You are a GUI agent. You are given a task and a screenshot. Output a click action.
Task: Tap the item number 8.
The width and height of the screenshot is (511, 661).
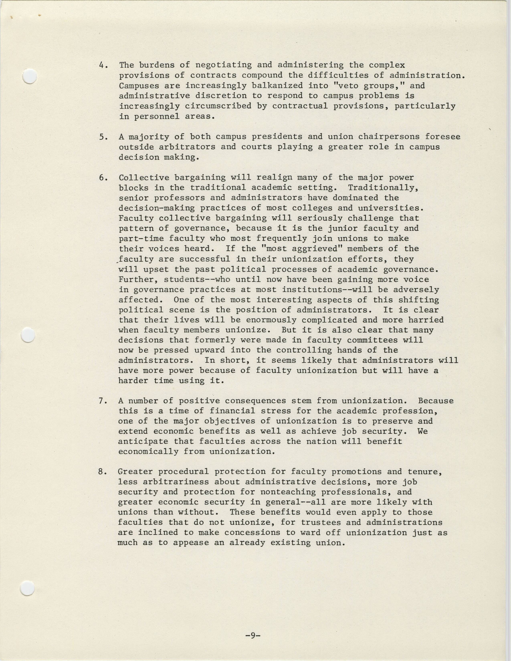[101, 471]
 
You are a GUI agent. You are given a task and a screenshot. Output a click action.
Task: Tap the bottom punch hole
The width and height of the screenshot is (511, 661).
[27, 588]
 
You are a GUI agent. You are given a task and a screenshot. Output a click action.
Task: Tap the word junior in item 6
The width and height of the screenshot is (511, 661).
[339, 228]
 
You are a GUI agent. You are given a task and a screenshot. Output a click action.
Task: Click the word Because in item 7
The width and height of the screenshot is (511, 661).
[436, 401]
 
